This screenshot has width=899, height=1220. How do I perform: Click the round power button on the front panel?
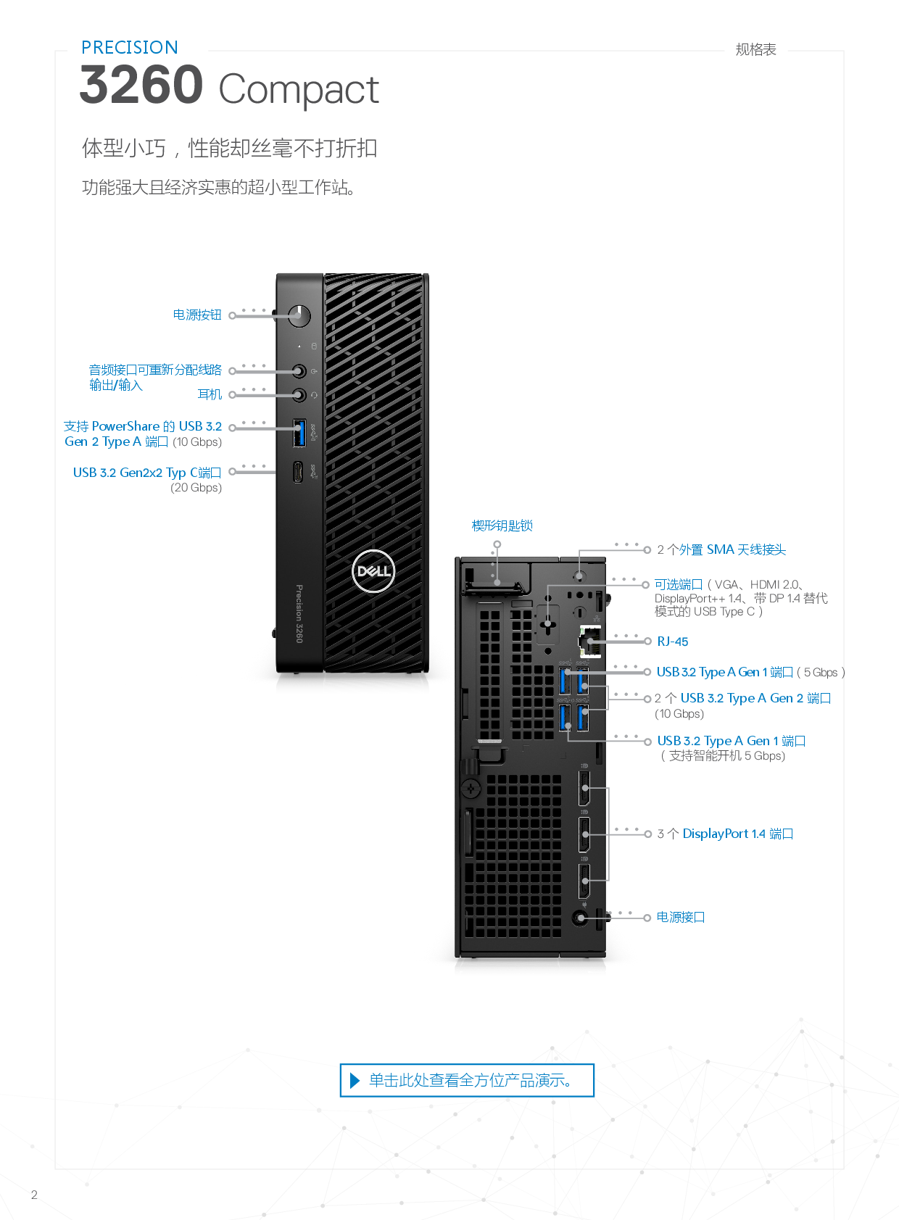pos(299,315)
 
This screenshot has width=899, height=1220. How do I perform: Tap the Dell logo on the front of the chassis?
pos(373,571)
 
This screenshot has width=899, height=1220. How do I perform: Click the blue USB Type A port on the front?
pos(299,433)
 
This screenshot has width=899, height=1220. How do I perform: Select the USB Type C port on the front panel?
pos(298,473)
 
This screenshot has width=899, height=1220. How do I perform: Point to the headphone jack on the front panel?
pos(299,394)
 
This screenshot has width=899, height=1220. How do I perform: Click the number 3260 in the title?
pos(141,86)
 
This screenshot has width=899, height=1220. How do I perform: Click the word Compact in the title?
pos(299,91)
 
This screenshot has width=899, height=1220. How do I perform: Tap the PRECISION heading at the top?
pos(130,48)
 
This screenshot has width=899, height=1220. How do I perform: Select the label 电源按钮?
pos(197,315)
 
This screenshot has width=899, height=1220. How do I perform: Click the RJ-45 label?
pos(673,642)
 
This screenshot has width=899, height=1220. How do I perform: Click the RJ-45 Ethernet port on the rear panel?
pos(590,641)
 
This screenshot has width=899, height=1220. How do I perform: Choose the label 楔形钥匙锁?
pos(502,526)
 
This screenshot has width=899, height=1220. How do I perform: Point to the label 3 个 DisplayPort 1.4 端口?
pos(725,834)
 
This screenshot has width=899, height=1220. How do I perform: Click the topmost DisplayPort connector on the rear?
pos(584,789)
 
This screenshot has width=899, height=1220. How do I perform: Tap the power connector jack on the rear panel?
pos(579,918)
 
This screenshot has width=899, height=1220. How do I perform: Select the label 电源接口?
pos(681,917)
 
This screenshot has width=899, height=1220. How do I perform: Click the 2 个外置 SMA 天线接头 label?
pos(721,549)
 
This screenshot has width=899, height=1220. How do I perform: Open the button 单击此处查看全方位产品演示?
pos(468,1080)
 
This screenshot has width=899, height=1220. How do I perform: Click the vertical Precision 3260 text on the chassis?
pos(299,613)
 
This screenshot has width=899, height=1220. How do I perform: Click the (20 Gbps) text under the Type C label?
pos(196,488)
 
